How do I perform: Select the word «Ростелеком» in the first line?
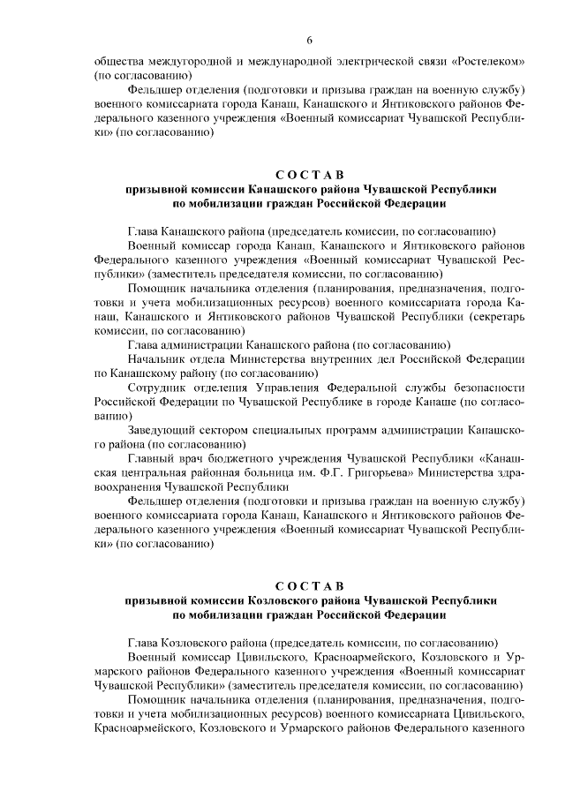pyautogui.click(x=489, y=62)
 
